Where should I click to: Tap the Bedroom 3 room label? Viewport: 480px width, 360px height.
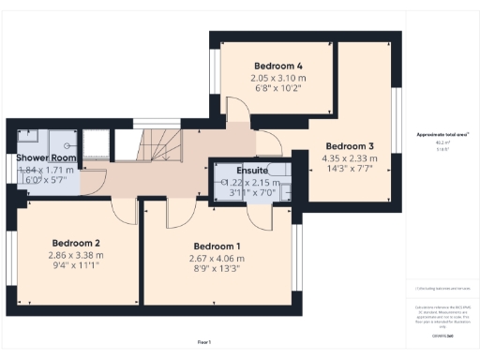coord(350,146)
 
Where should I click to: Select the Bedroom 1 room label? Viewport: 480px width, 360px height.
coord(217,246)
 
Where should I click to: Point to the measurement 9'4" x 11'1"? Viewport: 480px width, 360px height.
coord(76,266)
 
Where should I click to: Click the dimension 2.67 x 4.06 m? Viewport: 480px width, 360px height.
coord(217,259)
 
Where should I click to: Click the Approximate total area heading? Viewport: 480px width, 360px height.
coord(442,135)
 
